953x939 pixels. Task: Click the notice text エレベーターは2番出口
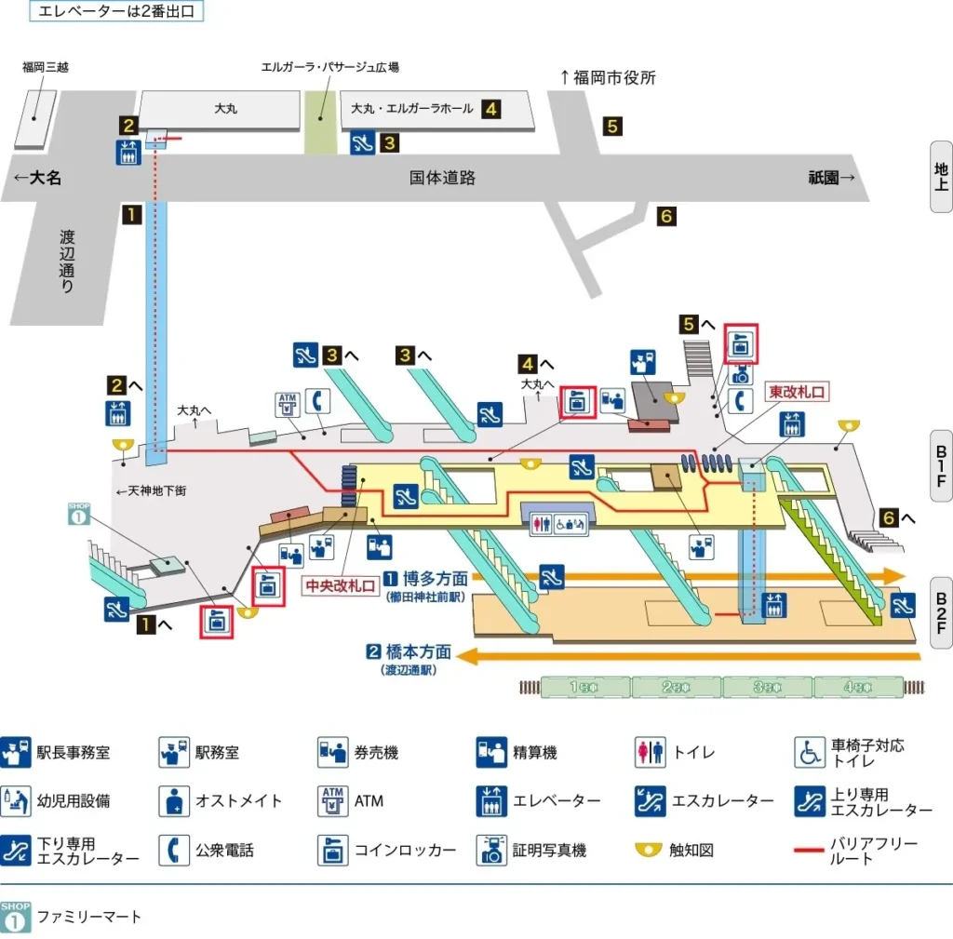tap(116, 12)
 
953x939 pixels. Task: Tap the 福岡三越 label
tap(46, 67)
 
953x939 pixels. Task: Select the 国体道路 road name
tap(442, 178)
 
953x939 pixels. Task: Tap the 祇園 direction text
tap(831, 178)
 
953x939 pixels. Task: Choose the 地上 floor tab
tap(941, 177)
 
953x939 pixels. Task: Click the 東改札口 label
tap(796, 392)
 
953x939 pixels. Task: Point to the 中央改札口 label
tap(341, 587)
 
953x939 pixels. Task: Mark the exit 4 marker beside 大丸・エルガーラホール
tap(490, 109)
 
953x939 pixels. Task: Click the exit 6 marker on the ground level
tap(666, 216)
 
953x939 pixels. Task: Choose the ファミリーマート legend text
tap(89, 917)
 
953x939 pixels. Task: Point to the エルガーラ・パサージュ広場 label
tap(330, 68)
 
